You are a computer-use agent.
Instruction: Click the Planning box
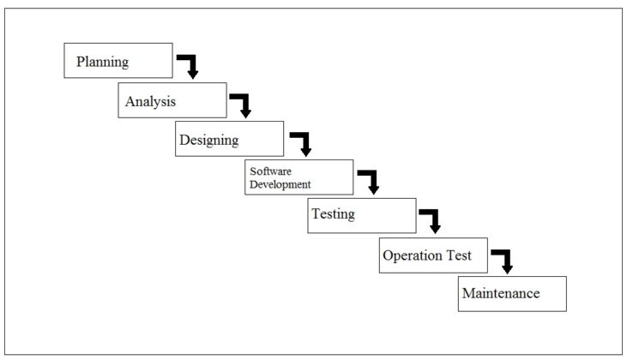click(x=118, y=60)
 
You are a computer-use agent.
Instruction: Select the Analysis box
click(x=172, y=100)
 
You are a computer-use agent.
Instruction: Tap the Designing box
click(x=229, y=139)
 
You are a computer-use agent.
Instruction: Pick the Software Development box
click(x=298, y=177)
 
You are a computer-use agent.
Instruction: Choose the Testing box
click(x=361, y=215)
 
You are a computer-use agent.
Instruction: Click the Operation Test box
click(x=432, y=255)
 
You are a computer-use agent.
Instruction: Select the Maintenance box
click(x=511, y=293)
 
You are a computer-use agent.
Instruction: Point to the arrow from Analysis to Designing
click(x=243, y=104)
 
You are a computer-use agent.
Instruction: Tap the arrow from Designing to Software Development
click(x=303, y=142)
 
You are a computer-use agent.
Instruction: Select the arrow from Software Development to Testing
click(x=371, y=180)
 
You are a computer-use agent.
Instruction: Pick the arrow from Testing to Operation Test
click(x=432, y=219)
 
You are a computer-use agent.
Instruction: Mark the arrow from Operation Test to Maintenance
click(x=504, y=259)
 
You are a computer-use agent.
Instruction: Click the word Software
click(x=270, y=171)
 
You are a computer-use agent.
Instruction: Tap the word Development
click(x=280, y=183)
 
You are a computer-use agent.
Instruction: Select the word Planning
click(x=102, y=62)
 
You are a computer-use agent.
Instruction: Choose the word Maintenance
click(x=501, y=293)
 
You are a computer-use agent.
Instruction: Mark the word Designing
click(x=208, y=140)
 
